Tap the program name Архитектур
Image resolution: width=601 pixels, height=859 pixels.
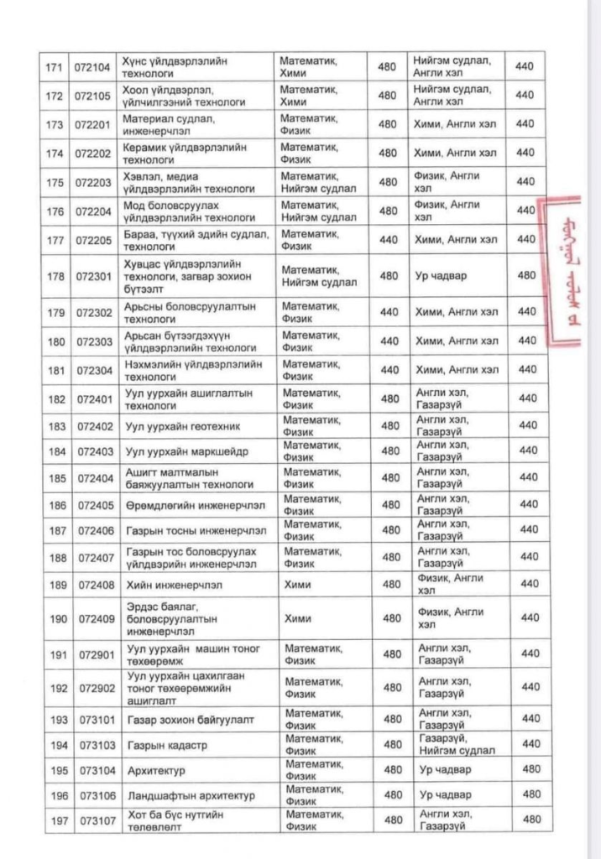click(x=155, y=770)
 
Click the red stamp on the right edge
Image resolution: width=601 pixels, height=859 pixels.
click(x=564, y=272)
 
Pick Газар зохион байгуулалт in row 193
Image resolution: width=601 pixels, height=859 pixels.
click(x=189, y=720)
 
